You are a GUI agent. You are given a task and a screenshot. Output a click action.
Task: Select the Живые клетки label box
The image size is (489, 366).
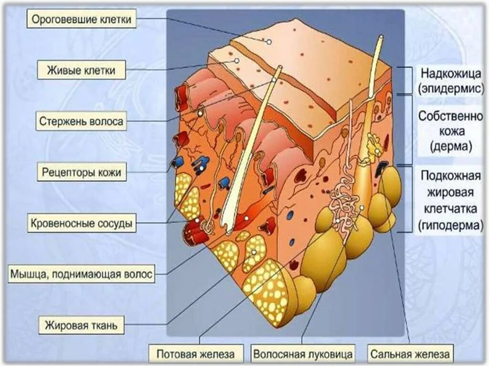pyautogui.click(x=81, y=71)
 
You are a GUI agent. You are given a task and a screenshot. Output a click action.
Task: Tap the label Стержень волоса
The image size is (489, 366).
pyautogui.click(x=81, y=121)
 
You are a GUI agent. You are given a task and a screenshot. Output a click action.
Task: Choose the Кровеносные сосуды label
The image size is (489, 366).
pyautogui.click(x=81, y=223)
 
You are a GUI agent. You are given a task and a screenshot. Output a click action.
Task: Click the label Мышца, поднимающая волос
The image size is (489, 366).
pyautogui.click(x=82, y=274)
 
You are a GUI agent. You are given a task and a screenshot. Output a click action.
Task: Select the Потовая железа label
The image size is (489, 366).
pyautogui.click(x=196, y=355)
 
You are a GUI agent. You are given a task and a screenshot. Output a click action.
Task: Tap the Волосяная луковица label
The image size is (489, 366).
pyautogui.click(x=303, y=355)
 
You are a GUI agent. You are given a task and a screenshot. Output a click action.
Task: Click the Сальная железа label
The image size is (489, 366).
pyautogui.click(x=409, y=355)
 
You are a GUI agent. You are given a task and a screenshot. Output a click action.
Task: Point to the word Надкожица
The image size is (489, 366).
pyautogui.click(x=449, y=73)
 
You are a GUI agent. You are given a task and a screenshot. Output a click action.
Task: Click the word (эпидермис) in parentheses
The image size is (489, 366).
pyautogui.click(x=449, y=88)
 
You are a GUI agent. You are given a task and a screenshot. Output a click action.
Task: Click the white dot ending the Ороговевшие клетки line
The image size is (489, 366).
pyautogui.click(x=269, y=42)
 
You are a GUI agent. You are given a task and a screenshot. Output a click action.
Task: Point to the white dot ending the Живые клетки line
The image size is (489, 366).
pyautogui.click(x=236, y=61)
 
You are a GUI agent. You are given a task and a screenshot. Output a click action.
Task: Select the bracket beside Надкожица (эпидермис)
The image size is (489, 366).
pyautogui.click(x=408, y=80)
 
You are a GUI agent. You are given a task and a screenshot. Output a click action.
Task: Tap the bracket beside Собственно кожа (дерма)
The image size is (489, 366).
pyautogui.click(x=408, y=129)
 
